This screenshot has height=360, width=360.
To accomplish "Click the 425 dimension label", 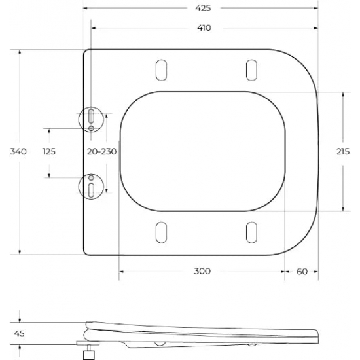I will (x=202, y=8).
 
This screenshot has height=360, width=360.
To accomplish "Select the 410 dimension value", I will (x=202, y=28).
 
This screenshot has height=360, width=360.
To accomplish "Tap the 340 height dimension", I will (x=18, y=151).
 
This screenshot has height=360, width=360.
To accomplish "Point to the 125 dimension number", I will (x=48, y=151).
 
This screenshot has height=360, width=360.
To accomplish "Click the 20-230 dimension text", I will (x=101, y=151).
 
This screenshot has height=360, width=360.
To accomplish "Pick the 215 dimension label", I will (x=342, y=151).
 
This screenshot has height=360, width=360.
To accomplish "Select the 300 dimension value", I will (x=202, y=271).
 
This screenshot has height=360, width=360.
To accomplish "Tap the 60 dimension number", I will (x=302, y=271).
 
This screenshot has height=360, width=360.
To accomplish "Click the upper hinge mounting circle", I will (x=91, y=118).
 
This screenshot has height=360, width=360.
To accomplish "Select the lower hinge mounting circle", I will (x=91, y=185).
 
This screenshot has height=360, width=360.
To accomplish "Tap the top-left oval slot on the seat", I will (x=160, y=69).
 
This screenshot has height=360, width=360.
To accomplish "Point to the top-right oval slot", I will (x=250, y=69).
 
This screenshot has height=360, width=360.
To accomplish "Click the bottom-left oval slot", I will (x=160, y=232).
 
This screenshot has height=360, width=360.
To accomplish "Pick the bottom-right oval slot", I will (x=250, y=232).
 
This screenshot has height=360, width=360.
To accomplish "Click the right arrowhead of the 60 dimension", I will (x=317, y=271).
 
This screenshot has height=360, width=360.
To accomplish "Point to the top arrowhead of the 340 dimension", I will (x=18, y=50).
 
